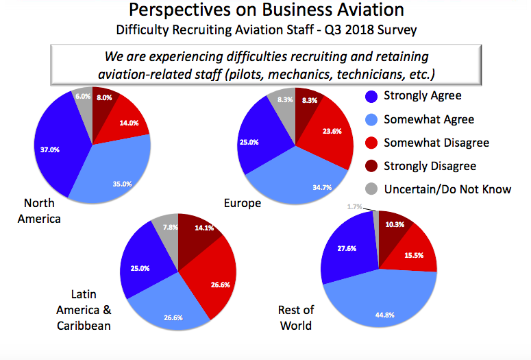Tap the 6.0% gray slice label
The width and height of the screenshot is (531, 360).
click(x=82, y=97)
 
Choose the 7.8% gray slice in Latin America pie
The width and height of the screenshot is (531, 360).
click(x=168, y=225)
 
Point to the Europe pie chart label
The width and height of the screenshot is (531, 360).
click(x=242, y=203)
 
